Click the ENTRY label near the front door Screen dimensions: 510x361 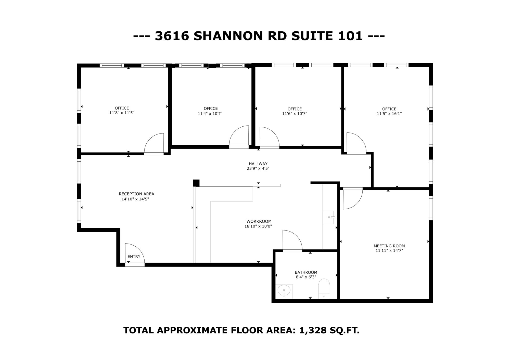(134, 257)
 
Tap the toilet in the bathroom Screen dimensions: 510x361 (324, 288)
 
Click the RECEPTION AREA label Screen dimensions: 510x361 (136, 194)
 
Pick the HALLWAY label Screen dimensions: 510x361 (258, 164)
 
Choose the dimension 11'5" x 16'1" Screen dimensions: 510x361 (389, 114)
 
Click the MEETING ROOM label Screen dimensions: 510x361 (389, 246)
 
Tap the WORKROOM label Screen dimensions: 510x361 (259, 222)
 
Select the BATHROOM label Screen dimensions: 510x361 (306, 272)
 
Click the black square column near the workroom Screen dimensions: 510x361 (196, 183)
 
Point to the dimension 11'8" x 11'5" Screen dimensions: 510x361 (122, 113)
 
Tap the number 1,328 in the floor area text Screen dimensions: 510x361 (313, 330)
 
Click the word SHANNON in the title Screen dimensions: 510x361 (228, 36)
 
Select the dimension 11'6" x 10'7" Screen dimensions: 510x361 (295, 114)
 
